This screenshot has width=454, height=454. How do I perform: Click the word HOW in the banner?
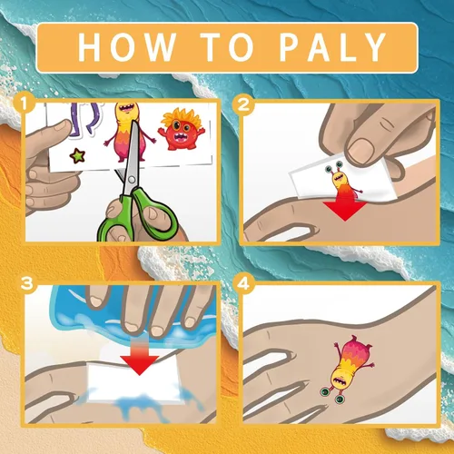tap(127, 47)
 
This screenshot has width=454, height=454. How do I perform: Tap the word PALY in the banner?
tap(332, 47)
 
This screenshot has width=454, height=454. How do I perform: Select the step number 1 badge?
tap(25, 104)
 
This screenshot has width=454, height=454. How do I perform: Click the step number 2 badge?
tap(243, 104)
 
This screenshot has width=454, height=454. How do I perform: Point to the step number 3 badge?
tap(26, 283)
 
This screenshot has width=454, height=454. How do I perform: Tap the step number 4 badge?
tap(243, 283)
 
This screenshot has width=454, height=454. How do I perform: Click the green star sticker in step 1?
tap(77, 156)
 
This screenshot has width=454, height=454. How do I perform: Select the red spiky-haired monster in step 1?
tap(181, 130)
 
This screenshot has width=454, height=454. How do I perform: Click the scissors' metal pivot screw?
tap(132, 180)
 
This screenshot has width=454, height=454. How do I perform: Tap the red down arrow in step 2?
tap(344, 209)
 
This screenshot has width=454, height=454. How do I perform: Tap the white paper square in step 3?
tap(133, 384)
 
